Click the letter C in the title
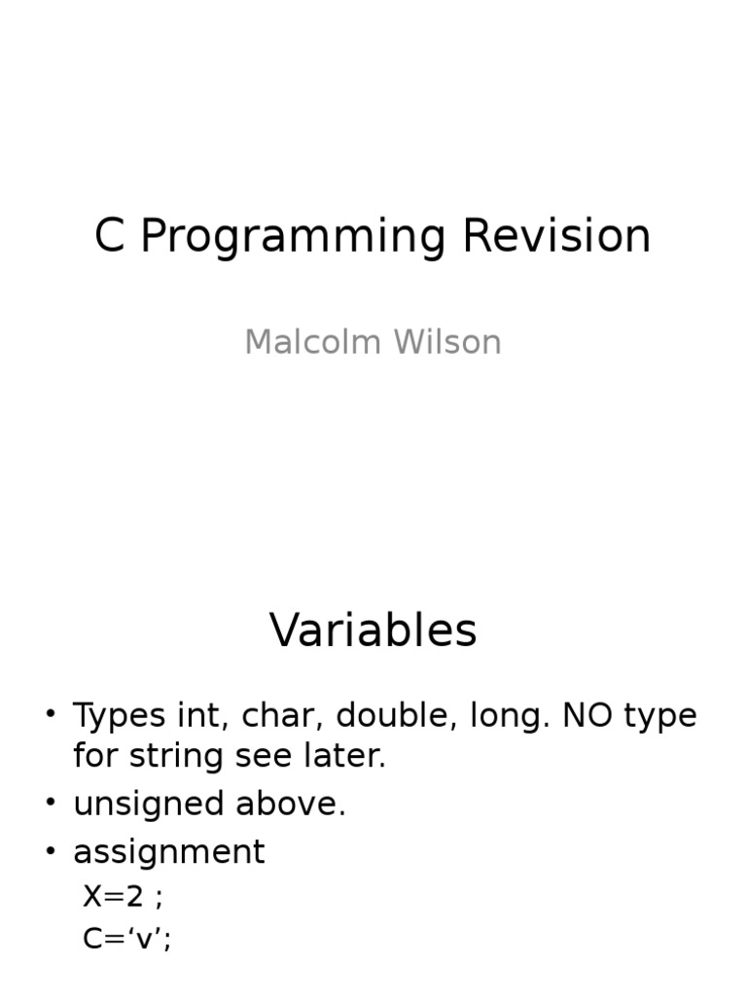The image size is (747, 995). click(x=110, y=236)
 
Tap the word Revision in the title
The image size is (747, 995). click(x=556, y=236)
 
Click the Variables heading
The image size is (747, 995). click(x=373, y=631)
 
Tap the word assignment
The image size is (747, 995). click(x=168, y=852)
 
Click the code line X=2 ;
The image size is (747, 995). click(x=123, y=896)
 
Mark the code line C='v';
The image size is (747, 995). click(x=127, y=938)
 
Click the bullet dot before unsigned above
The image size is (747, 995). click(x=51, y=804)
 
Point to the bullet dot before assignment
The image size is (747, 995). click(x=51, y=851)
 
